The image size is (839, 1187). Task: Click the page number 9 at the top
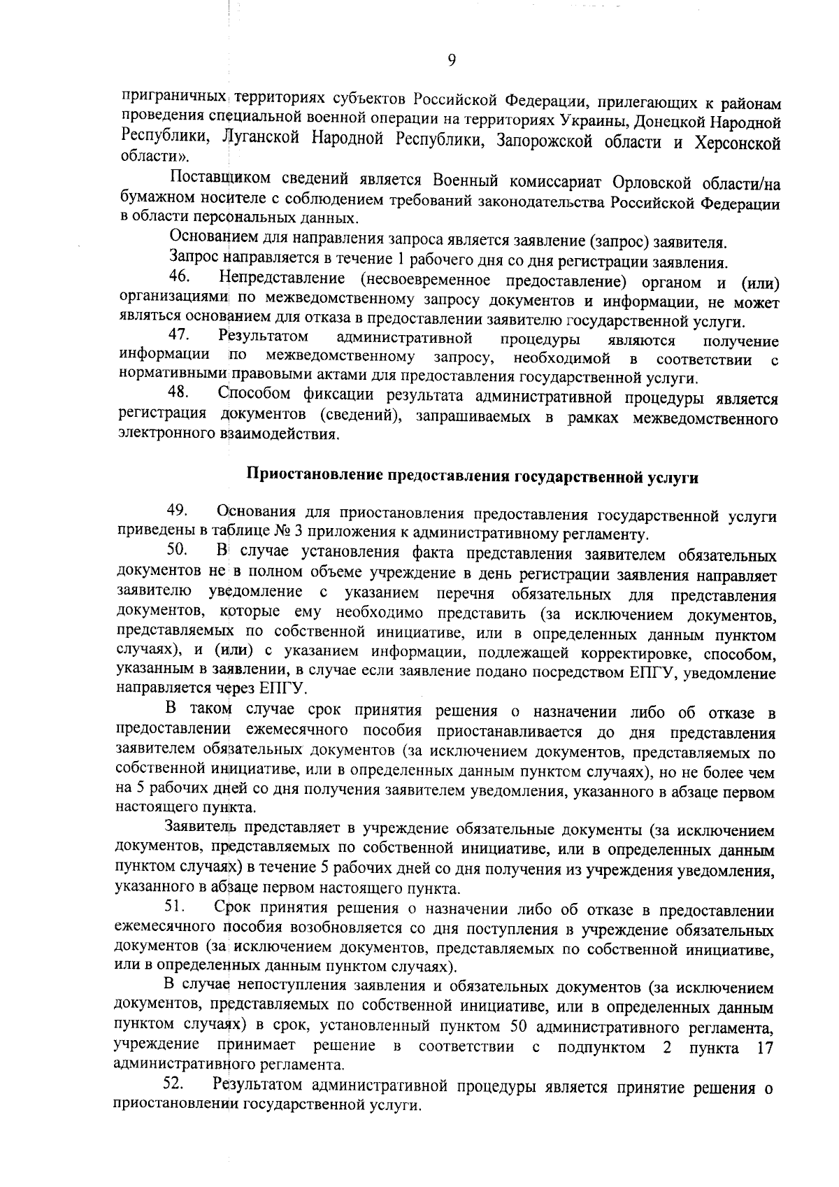point(451,61)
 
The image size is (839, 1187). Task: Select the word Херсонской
point(737,143)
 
